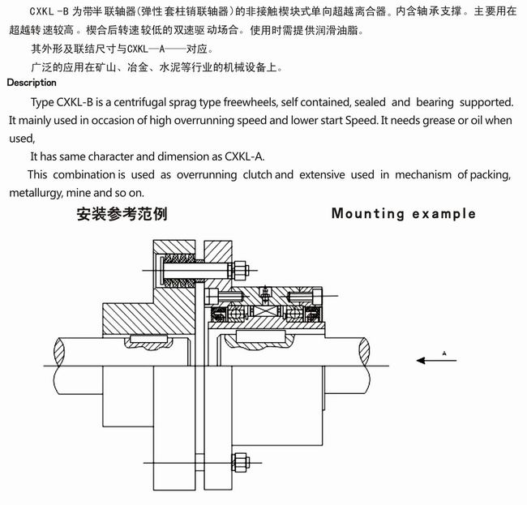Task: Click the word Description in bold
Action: [x=32, y=83]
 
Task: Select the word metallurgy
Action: [x=40, y=193]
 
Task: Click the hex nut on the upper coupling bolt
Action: [x=240, y=271]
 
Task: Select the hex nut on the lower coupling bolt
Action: [x=240, y=464]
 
